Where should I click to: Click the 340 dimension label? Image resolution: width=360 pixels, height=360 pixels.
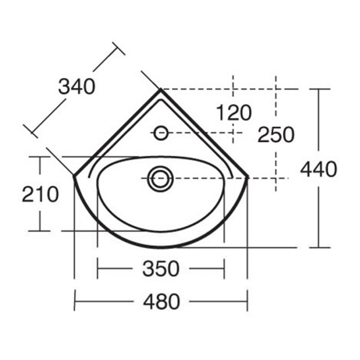click(x=77, y=86)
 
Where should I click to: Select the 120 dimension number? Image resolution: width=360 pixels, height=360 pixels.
click(x=234, y=113)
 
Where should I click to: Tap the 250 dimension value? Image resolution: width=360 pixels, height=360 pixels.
click(x=276, y=135)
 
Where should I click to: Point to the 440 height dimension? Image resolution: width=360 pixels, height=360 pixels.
click(x=319, y=170)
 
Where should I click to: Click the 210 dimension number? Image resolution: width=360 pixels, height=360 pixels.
click(x=40, y=194)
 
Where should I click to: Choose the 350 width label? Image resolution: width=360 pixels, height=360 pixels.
click(x=161, y=269)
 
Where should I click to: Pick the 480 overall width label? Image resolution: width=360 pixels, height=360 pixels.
click(x=161, y=301)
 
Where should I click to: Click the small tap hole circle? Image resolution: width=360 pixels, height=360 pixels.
click(x=161, y=133)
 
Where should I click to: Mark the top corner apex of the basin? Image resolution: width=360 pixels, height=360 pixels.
click(x=161, y=90)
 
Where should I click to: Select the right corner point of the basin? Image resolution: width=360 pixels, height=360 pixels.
click(x=248, y=176)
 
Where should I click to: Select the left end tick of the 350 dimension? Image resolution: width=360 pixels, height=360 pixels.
click(x=98, y=269)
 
